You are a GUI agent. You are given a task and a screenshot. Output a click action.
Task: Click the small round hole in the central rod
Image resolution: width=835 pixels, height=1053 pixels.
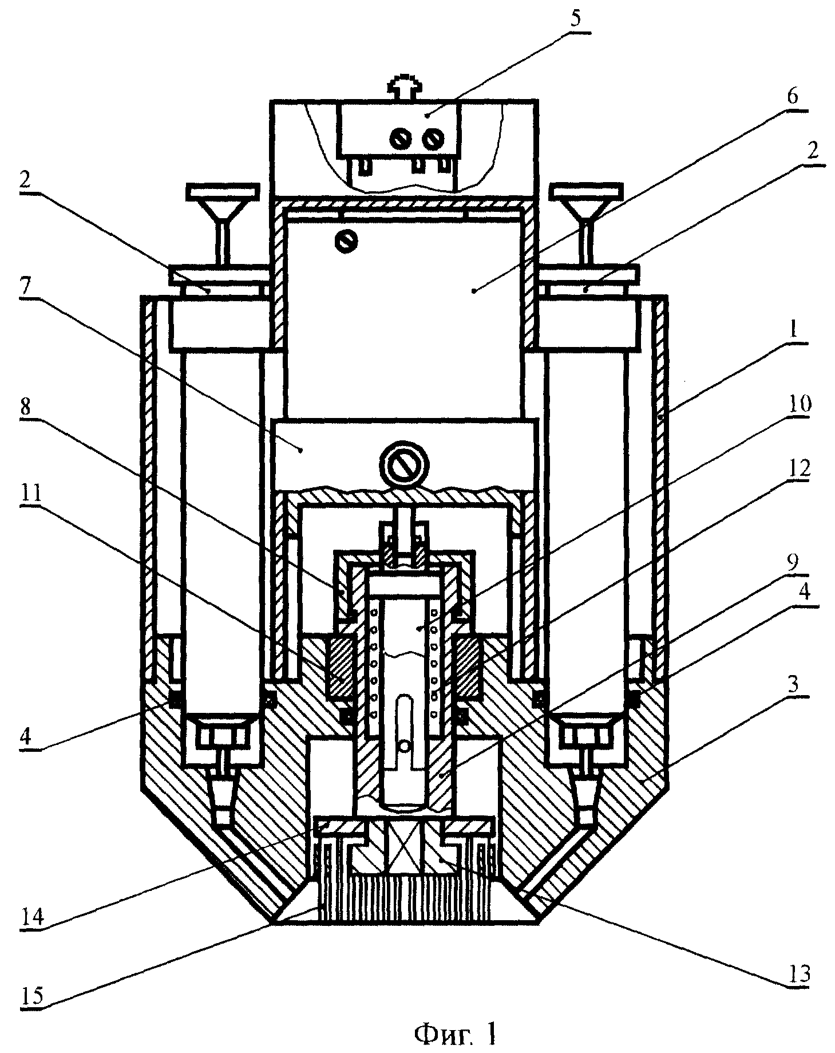pos(405,747)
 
